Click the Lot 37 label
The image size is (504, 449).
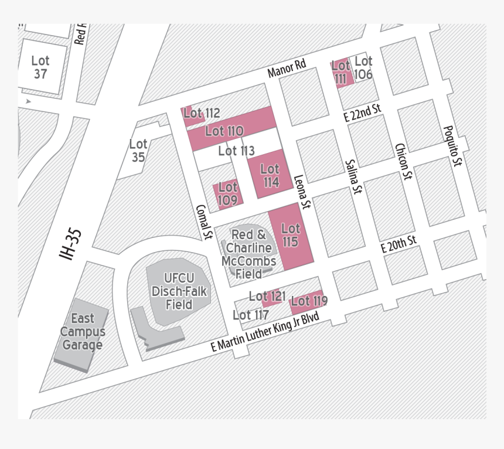pyautogui.click(x=40, y=67)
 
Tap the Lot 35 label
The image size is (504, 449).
pyautogui.click(x=138, y=150)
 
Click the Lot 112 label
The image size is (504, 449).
pyautogui.click(x=201, y=113)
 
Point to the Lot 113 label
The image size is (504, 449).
pyautogui.click(x=236, y=151)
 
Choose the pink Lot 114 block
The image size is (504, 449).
pyautogui.click(x=270, y=175)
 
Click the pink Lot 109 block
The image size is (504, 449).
pyautogui.click(x=227, y=193)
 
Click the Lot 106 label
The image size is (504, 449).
pyautogui.click(x=363, y=67)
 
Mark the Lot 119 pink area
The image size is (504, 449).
pyautogui.click(x=309, y=301)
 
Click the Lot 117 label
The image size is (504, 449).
pyautogui.click(x=251, y=315)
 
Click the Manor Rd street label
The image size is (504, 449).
pyautogui.click(x=287, y=69)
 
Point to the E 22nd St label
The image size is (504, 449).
pyautogui.click(x=363, y=112)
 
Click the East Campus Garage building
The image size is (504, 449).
pyautogui.click(x=83, y=332)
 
